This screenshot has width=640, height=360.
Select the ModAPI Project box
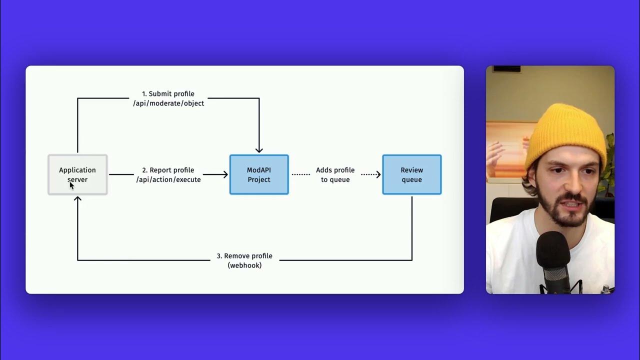[x=259, y=174]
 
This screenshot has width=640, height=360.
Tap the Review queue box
[x=411, y=174]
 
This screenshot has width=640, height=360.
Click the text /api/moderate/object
[x=168, y=103]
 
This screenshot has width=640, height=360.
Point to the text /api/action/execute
[x=168, y=179]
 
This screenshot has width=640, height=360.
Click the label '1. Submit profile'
[x=168, y=93]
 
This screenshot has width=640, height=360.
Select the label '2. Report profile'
[x=168, y=170]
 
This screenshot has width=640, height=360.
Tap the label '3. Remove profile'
[x=244, y=256]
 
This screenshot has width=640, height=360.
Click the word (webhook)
[x=244, y=265]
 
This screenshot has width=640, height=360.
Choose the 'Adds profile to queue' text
[x=335, y=174]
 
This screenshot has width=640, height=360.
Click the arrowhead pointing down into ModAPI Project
[x=259, y=149]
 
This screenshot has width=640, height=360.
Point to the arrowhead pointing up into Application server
[x=77, y=199]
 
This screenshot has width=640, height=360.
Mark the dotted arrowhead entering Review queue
[x=378, y=174]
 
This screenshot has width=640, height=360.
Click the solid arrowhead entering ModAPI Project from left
[x=225, y=174]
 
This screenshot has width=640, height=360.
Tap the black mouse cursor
[x=71, y=185]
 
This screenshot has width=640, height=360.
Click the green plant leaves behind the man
[x=609, y=160]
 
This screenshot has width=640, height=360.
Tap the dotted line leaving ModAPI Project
[x=300, y=174]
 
